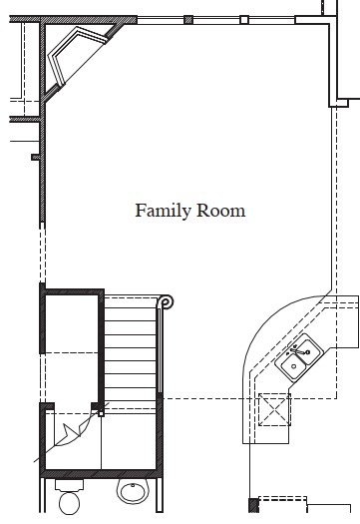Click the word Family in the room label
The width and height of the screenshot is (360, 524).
[163, 212]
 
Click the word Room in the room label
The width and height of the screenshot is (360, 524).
[220, 211]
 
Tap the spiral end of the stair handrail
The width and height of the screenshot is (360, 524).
[166, 302]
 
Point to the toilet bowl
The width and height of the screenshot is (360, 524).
[70, 503]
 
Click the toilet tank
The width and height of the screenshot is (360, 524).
[69, 485]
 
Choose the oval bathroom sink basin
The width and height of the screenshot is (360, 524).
[133, 491]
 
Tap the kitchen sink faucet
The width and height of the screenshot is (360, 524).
[297, 351]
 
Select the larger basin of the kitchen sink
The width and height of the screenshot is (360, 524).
[292, 366]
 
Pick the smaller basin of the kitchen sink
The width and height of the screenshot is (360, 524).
[310, 351]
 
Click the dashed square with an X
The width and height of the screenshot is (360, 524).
[274, 409]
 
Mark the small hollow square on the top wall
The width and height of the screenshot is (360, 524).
[244, 20]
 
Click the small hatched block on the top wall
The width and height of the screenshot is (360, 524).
[188, 20]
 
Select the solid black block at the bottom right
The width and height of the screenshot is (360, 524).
[253, 505]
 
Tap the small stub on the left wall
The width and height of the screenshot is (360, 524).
[35, 157]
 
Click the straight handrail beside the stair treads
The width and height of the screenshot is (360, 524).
[160, 351]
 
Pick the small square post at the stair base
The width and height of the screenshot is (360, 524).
[101, 414]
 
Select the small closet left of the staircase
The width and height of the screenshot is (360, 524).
[72, 347]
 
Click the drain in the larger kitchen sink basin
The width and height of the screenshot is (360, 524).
[293, 366]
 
